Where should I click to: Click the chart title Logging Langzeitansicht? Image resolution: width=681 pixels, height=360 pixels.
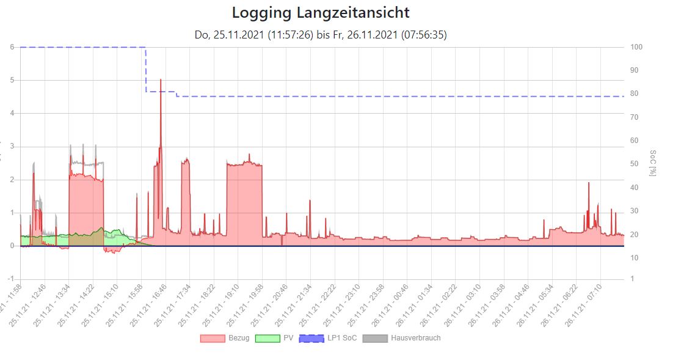pyautogui.click(x=321, y=13)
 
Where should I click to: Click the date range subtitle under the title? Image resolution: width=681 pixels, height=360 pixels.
pyautogui.click(x=321, y=35)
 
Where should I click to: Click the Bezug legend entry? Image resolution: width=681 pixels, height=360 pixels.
pyautogui.click(x=238, y=338)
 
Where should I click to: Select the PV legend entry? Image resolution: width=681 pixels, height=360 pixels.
pyautogui.click(x=288, y=338)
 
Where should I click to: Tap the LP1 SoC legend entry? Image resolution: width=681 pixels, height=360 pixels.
pyautogui.click(x=341, y=338)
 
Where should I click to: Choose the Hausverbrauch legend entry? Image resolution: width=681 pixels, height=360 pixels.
pyautogui.click(x=415, y=338)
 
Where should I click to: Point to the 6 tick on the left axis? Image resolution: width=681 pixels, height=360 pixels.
pyautogui.click(x=13, y=47)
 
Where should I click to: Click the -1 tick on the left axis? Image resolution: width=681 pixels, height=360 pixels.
pyautogui.click(x=12, y=279)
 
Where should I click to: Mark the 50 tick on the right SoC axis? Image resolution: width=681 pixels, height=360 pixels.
pyautogui.click(x=635, y=164)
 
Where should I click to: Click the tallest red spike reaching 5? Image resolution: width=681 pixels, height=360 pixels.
pyautogui.click(x=161, y=80)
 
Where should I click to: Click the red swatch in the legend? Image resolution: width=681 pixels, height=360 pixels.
pyautogui.click(x=213, y=338)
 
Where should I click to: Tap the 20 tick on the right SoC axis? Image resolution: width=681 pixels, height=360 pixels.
pyautogui.click(x=635, y=235)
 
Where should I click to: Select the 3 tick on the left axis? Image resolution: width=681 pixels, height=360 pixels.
pyautogui.click(x=13, y=147)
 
